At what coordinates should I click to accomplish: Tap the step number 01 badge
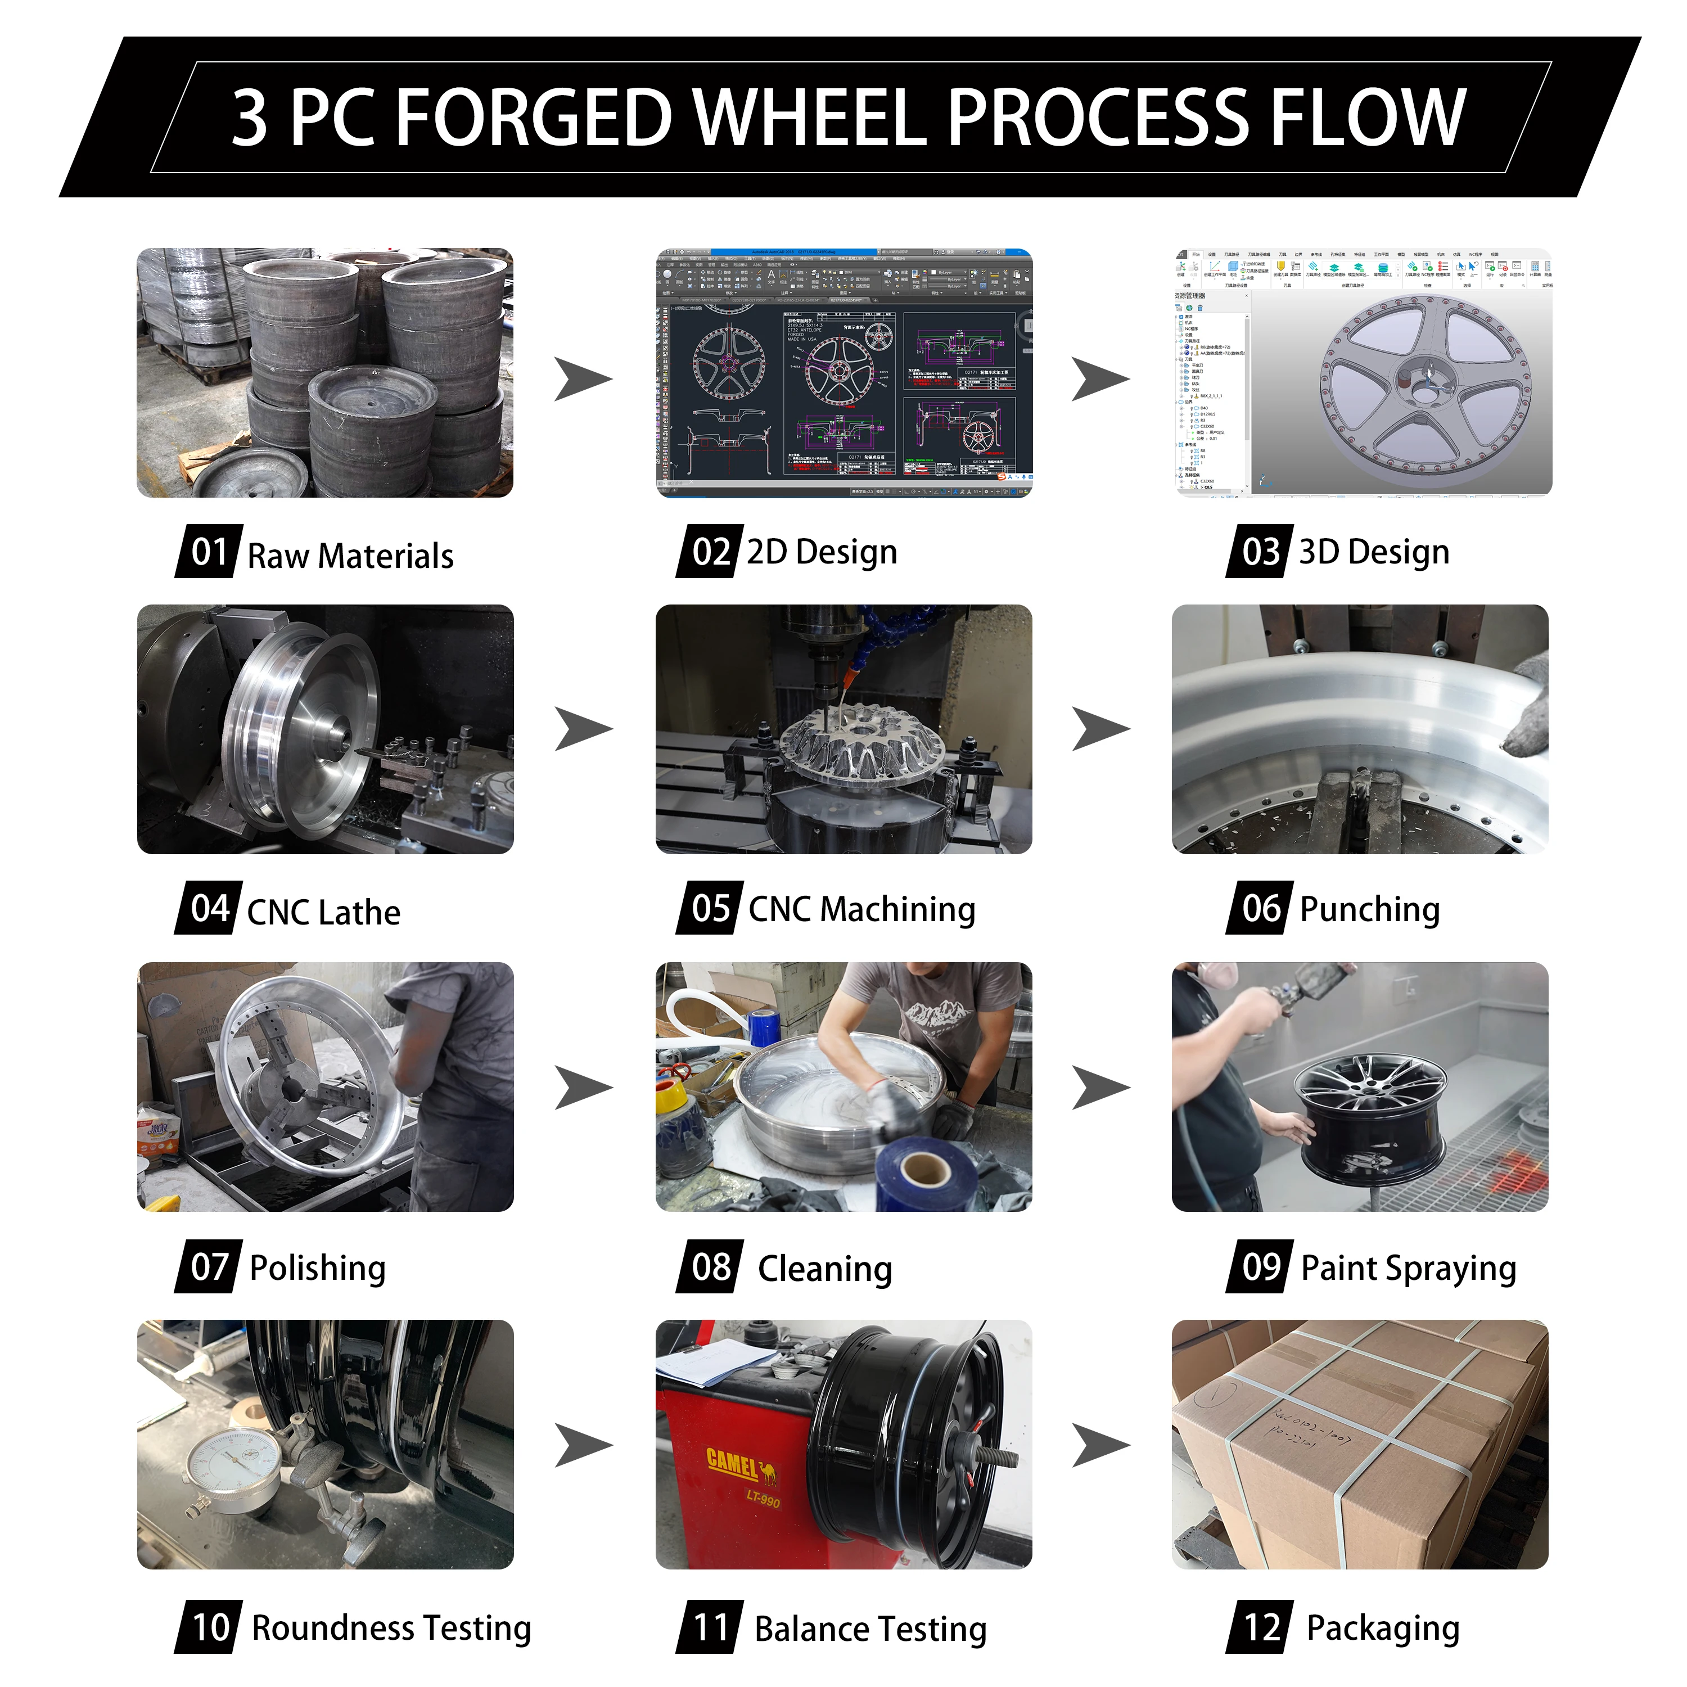point(209,552)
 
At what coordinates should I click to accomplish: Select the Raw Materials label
point(350,556)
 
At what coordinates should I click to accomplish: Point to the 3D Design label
point(1374,552)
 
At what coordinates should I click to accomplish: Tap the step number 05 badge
point(710,909)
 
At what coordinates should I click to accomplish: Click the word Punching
point(1369,909)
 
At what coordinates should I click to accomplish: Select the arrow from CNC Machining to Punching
point(1100,729)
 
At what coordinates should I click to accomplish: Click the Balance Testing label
point(870,1630)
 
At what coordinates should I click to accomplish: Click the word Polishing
point(317,1268)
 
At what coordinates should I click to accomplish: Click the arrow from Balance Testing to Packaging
point(1100,1445)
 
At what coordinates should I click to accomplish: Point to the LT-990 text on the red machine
point(763,1499)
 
